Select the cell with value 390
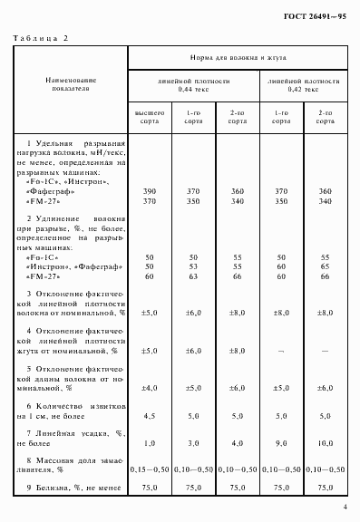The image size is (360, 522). (150, 192)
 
